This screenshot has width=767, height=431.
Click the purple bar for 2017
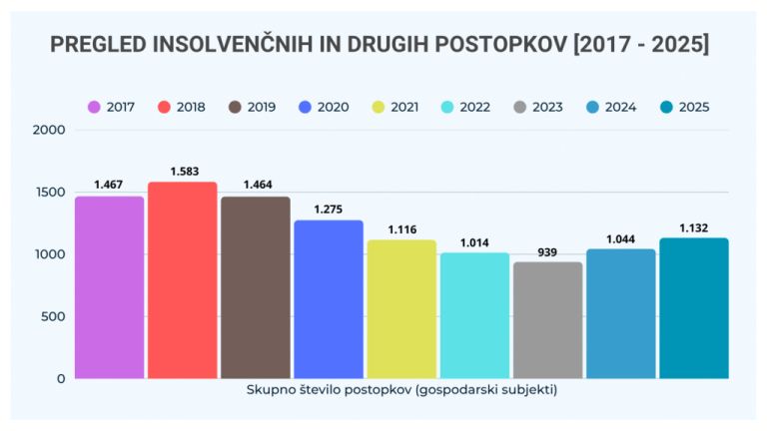coord(109,287)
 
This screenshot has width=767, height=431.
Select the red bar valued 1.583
coord(183,280)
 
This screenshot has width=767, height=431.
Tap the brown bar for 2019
coord(256,287)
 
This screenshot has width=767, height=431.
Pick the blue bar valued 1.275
coord(329,299)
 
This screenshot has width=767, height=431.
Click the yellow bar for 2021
coord(401,309)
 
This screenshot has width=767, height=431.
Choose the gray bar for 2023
coord(547,320)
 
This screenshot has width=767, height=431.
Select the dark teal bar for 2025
coord(694,308)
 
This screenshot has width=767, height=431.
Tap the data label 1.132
coord(694,228)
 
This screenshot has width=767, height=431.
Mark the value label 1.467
coord(109,186)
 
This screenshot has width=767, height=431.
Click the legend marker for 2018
coord(166,107)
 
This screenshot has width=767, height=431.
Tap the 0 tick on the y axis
coord(61,379)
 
